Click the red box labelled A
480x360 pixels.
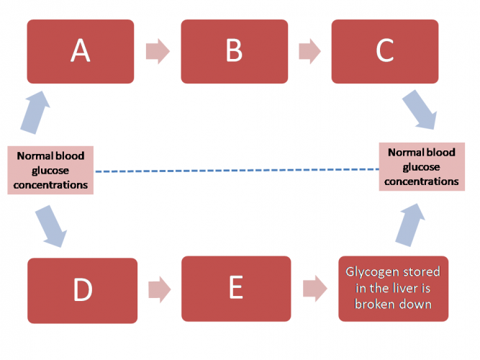81,51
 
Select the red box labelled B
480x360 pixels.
235,51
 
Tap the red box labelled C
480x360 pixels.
384,51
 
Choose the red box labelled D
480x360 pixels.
82,289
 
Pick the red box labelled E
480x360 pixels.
235,288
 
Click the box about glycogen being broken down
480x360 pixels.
393,289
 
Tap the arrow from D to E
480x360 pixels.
159,289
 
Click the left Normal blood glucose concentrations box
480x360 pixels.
51,170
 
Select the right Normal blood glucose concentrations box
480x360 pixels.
421,166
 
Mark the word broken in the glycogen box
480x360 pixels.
378,304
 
